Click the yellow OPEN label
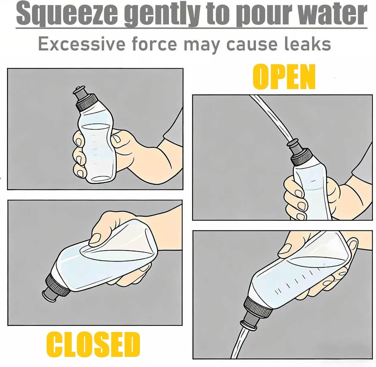[284, 77]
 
